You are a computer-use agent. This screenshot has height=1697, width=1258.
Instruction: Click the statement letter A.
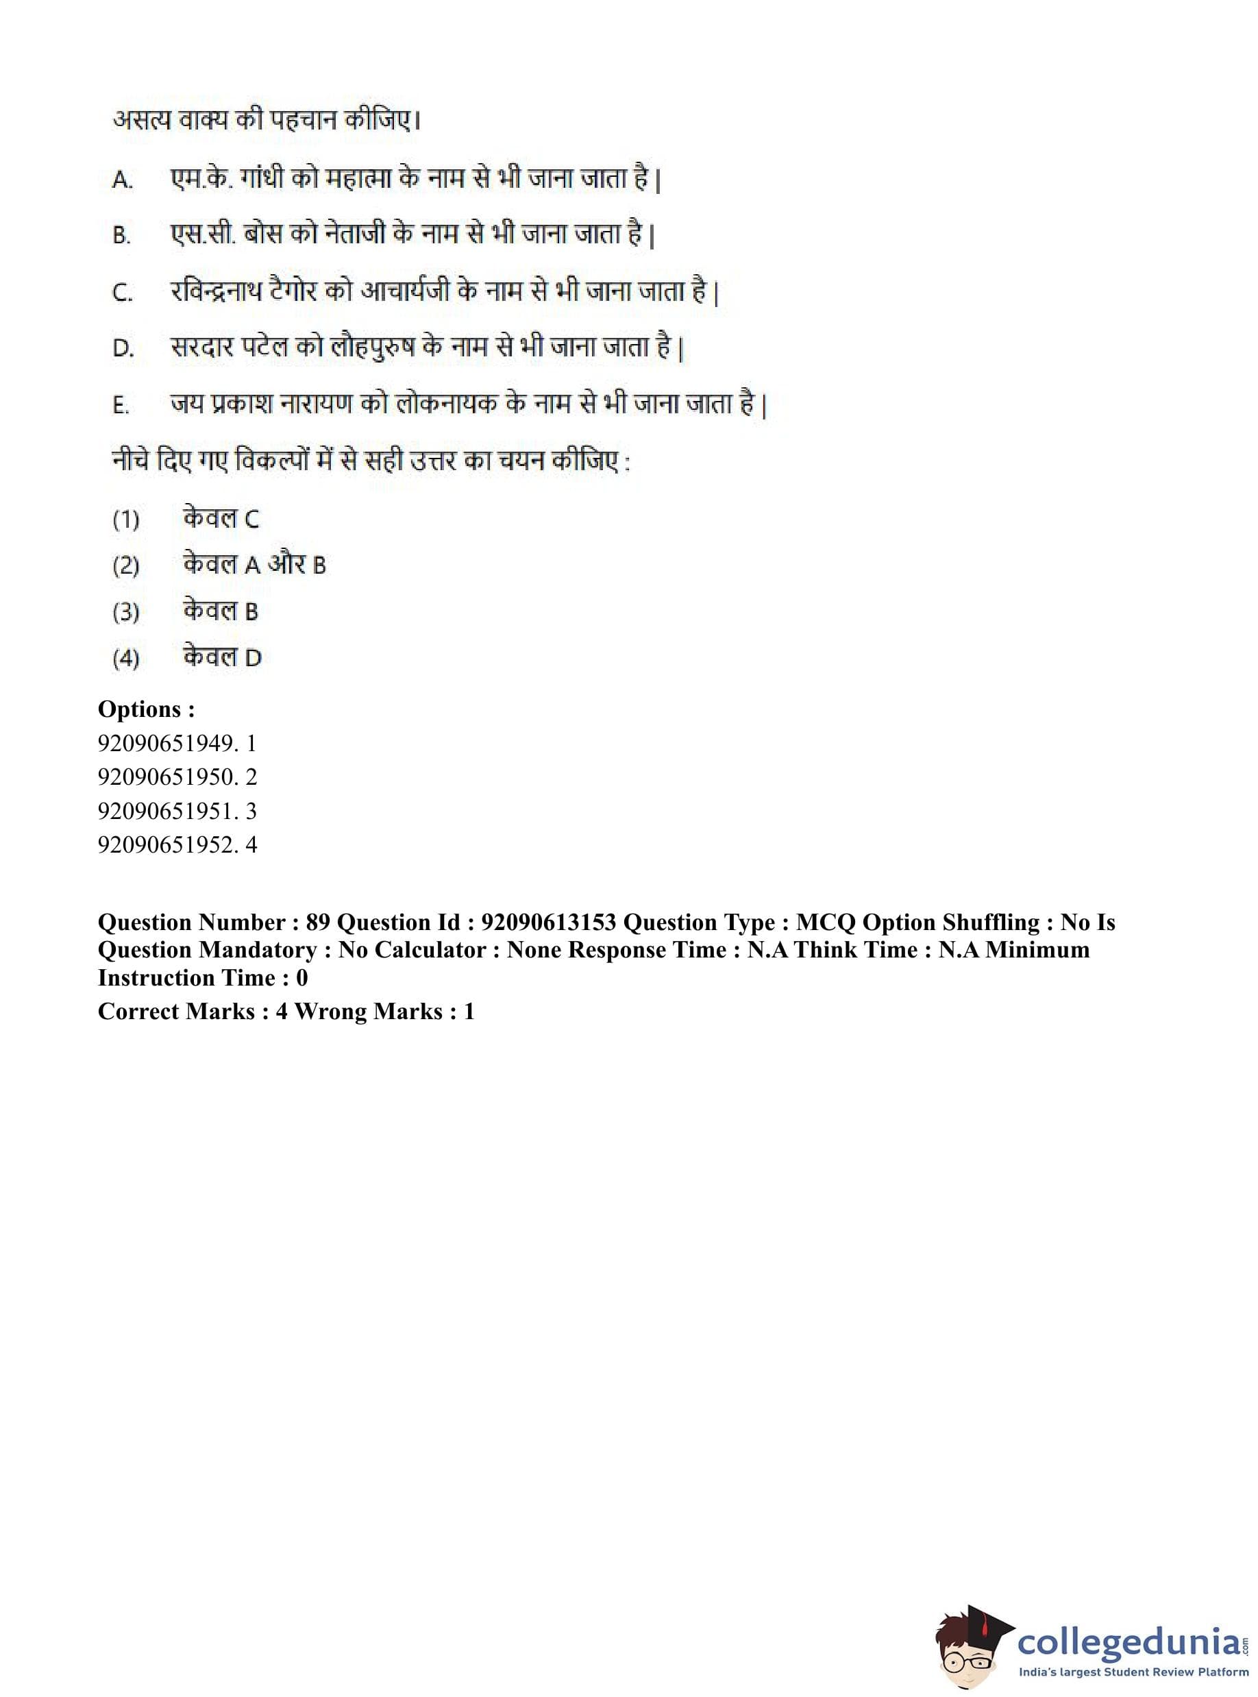click(x=122, y=180)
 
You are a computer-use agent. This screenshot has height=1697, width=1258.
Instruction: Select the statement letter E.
click(x=121, y=405)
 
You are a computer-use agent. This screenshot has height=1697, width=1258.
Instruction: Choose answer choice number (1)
click(x=125, y=520)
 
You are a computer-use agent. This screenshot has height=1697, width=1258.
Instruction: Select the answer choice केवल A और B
click(x=254, y=565)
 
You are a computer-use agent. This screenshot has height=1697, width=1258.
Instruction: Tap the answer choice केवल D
click(x=221, y=657)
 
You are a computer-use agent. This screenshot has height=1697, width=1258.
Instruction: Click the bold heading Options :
click(x=146, y=709)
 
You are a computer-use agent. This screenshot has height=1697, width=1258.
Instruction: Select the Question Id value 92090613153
click(x=548, y=923)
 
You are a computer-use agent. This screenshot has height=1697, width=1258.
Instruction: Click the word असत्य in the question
click(x=142, y=121)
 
